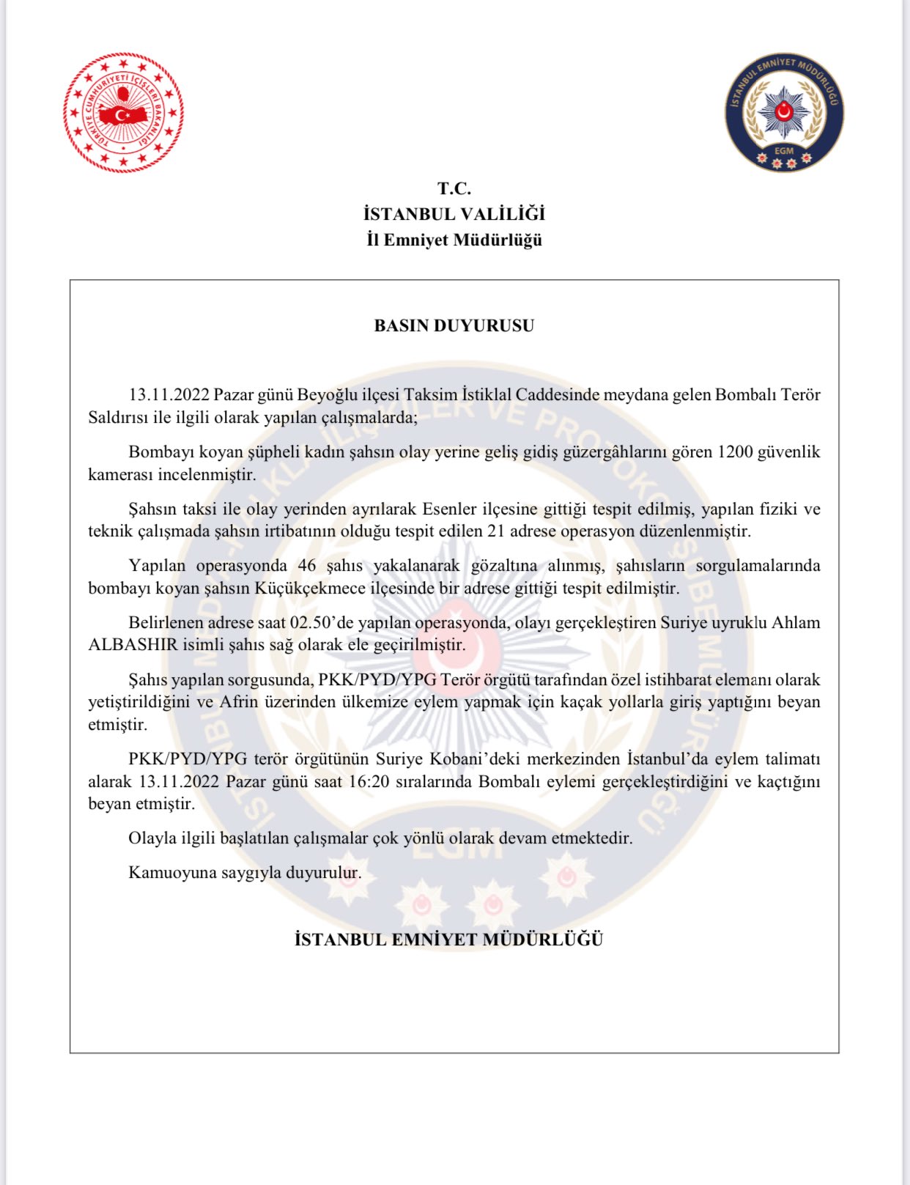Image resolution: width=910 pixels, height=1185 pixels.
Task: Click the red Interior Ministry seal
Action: pyautogui.click(x=123, y=112)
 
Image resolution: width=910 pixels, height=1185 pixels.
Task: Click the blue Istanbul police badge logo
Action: pyautogui.click(x=784, y=112)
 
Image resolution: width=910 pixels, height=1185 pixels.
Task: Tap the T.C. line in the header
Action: pyautogui.click(x=454, y=189)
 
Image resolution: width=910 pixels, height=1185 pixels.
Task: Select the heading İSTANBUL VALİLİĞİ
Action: pyautogui.click(x=454, y=214)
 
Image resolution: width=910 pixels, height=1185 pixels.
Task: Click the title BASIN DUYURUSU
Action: pyautogui.click(x=454, y=326)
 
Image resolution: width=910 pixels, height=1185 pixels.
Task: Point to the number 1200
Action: pyautogui.click(x=735, y=452)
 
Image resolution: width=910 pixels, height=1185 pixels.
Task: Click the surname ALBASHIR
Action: pyautogui.click(x=133, y=645)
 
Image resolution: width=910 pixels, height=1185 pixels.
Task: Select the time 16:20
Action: pyautogui.click(x=369, y=781)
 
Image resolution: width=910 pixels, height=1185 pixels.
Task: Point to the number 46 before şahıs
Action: pyautogui.click(x=307, y=566)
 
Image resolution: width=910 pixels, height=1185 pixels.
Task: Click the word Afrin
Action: pyautogui.click(x=239, y=702)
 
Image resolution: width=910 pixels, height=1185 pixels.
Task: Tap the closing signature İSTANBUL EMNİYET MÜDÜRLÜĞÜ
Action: pyautogui.click(x=448, y=939)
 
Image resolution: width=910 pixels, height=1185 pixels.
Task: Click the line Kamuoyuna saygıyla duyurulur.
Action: pyautogui.click(x=245, y=873)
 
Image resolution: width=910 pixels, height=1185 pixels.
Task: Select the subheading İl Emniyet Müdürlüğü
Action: pyautogui.click(x=454, y=240)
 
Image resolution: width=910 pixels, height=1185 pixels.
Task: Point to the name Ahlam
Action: pyautogui.click(x=796, y=623)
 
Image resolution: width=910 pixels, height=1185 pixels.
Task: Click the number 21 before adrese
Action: pyautogui.click(x=496, y=531)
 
